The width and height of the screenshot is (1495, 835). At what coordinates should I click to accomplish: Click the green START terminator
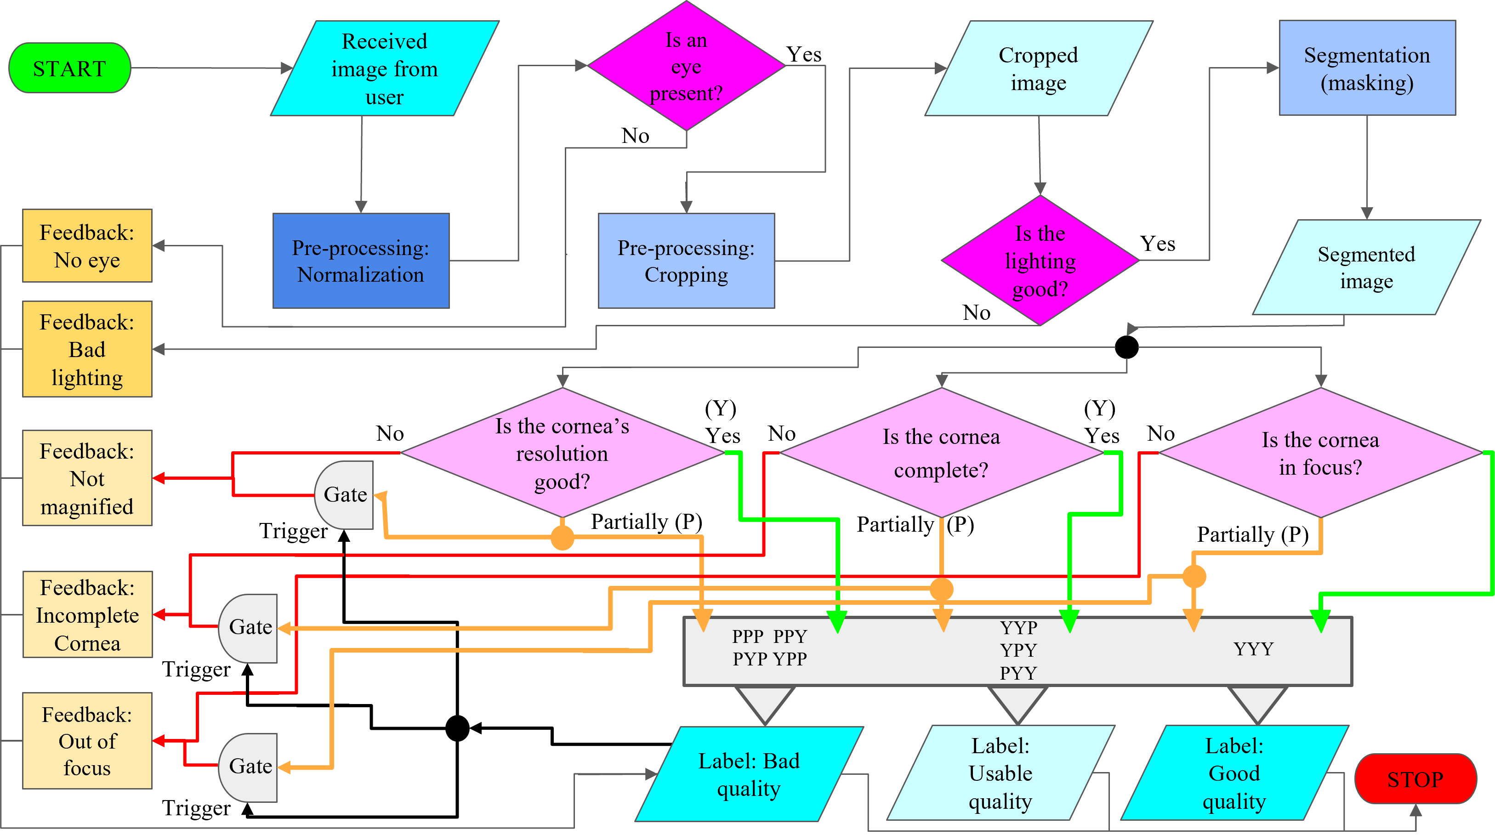[70, 68]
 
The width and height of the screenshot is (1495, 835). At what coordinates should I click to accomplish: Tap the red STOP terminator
[1415, 779]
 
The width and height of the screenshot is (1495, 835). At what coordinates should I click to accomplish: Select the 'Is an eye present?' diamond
[686, 66]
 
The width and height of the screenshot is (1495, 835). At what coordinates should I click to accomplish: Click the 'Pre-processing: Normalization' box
[360, 261]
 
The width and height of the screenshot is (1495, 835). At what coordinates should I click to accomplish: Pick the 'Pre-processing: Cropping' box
[686, 261]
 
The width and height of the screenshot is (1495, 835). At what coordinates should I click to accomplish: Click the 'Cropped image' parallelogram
[1038, 68]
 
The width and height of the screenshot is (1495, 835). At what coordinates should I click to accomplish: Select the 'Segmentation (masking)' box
[1367, 68]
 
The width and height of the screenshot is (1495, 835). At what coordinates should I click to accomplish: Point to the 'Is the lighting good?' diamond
[1040, 261]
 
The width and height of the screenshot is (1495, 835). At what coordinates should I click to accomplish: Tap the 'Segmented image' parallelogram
[1366, 267]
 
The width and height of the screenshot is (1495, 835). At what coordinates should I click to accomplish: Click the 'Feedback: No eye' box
[87, 246]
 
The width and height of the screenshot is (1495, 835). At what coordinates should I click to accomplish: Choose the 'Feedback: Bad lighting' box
[87, 349]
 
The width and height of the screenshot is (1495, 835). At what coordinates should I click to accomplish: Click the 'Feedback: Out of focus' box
[87, 740]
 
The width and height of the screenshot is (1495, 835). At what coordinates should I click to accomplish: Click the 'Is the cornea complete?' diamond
[941, 453]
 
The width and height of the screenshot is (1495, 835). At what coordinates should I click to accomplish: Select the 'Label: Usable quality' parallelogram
[1000, 773]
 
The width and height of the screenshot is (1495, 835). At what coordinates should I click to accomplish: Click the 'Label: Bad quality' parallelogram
[749, 774]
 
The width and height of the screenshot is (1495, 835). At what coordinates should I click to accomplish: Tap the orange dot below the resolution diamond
[562, 537]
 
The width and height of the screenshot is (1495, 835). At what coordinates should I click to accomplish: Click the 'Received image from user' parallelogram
[384, 68]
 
